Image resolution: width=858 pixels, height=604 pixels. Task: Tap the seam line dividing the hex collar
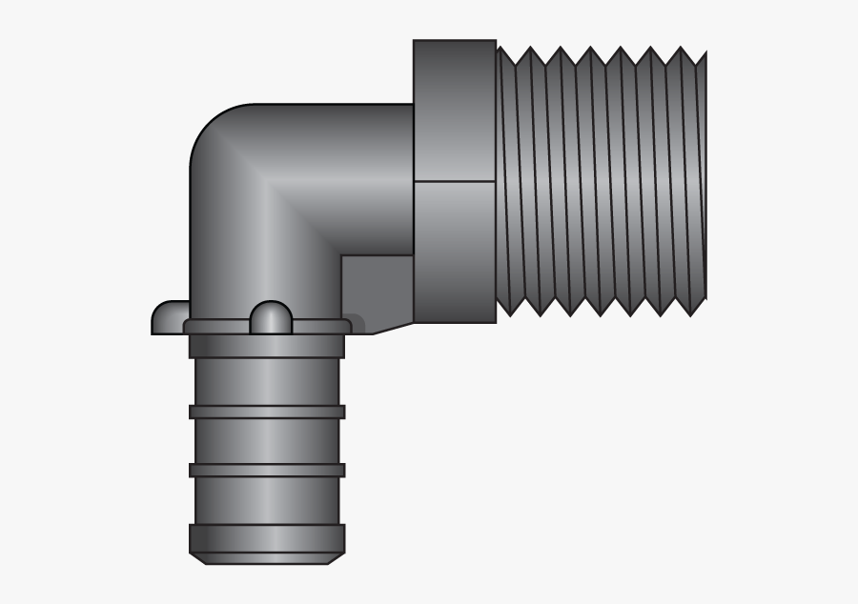tap(455, 181)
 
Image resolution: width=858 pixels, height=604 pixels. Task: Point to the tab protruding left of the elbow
tap(170, 317)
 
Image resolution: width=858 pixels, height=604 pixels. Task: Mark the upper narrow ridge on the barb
tap(267, 413)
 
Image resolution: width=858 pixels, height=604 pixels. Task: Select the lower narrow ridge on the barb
tap(267, 470)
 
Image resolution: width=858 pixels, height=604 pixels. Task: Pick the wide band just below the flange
tap(267, 346)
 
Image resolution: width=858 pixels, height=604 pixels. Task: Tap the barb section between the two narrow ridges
tap(267, 441)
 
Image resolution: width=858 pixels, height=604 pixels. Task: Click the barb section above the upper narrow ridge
tap(267, 382)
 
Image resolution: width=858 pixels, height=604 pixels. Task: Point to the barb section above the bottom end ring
tap(267, 500)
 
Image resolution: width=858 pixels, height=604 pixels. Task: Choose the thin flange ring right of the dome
tap(319, 327)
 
